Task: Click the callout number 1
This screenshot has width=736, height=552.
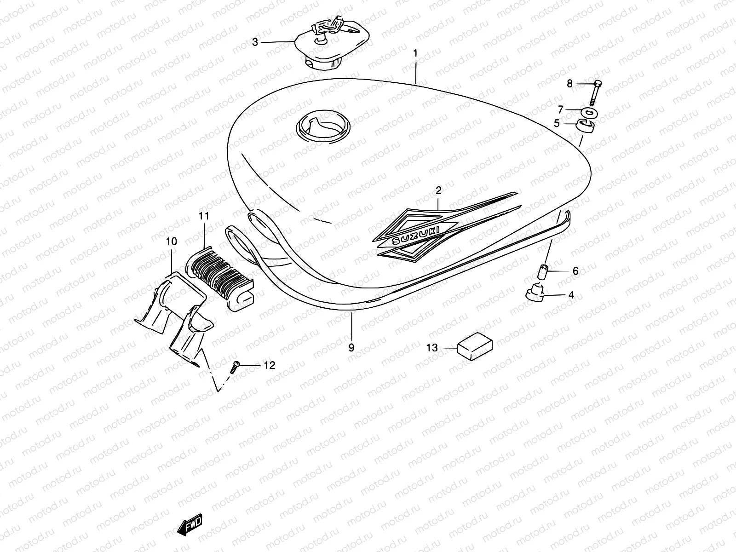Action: coord(415,53)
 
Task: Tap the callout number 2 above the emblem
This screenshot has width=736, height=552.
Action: coord(438,190)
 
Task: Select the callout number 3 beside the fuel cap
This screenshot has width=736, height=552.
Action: coord(255,42)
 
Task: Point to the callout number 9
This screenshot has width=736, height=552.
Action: coord(351,348)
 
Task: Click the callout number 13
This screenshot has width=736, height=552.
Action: coord(432,348)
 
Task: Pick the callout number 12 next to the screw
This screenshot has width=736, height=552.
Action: coord(269,365)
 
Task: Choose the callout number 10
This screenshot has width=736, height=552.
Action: coord(171,241)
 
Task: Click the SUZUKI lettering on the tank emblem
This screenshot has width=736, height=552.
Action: coord(415,236)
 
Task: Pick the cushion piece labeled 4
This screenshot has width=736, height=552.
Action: coord(535,292)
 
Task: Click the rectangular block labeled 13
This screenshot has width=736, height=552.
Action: coord(474,346)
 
